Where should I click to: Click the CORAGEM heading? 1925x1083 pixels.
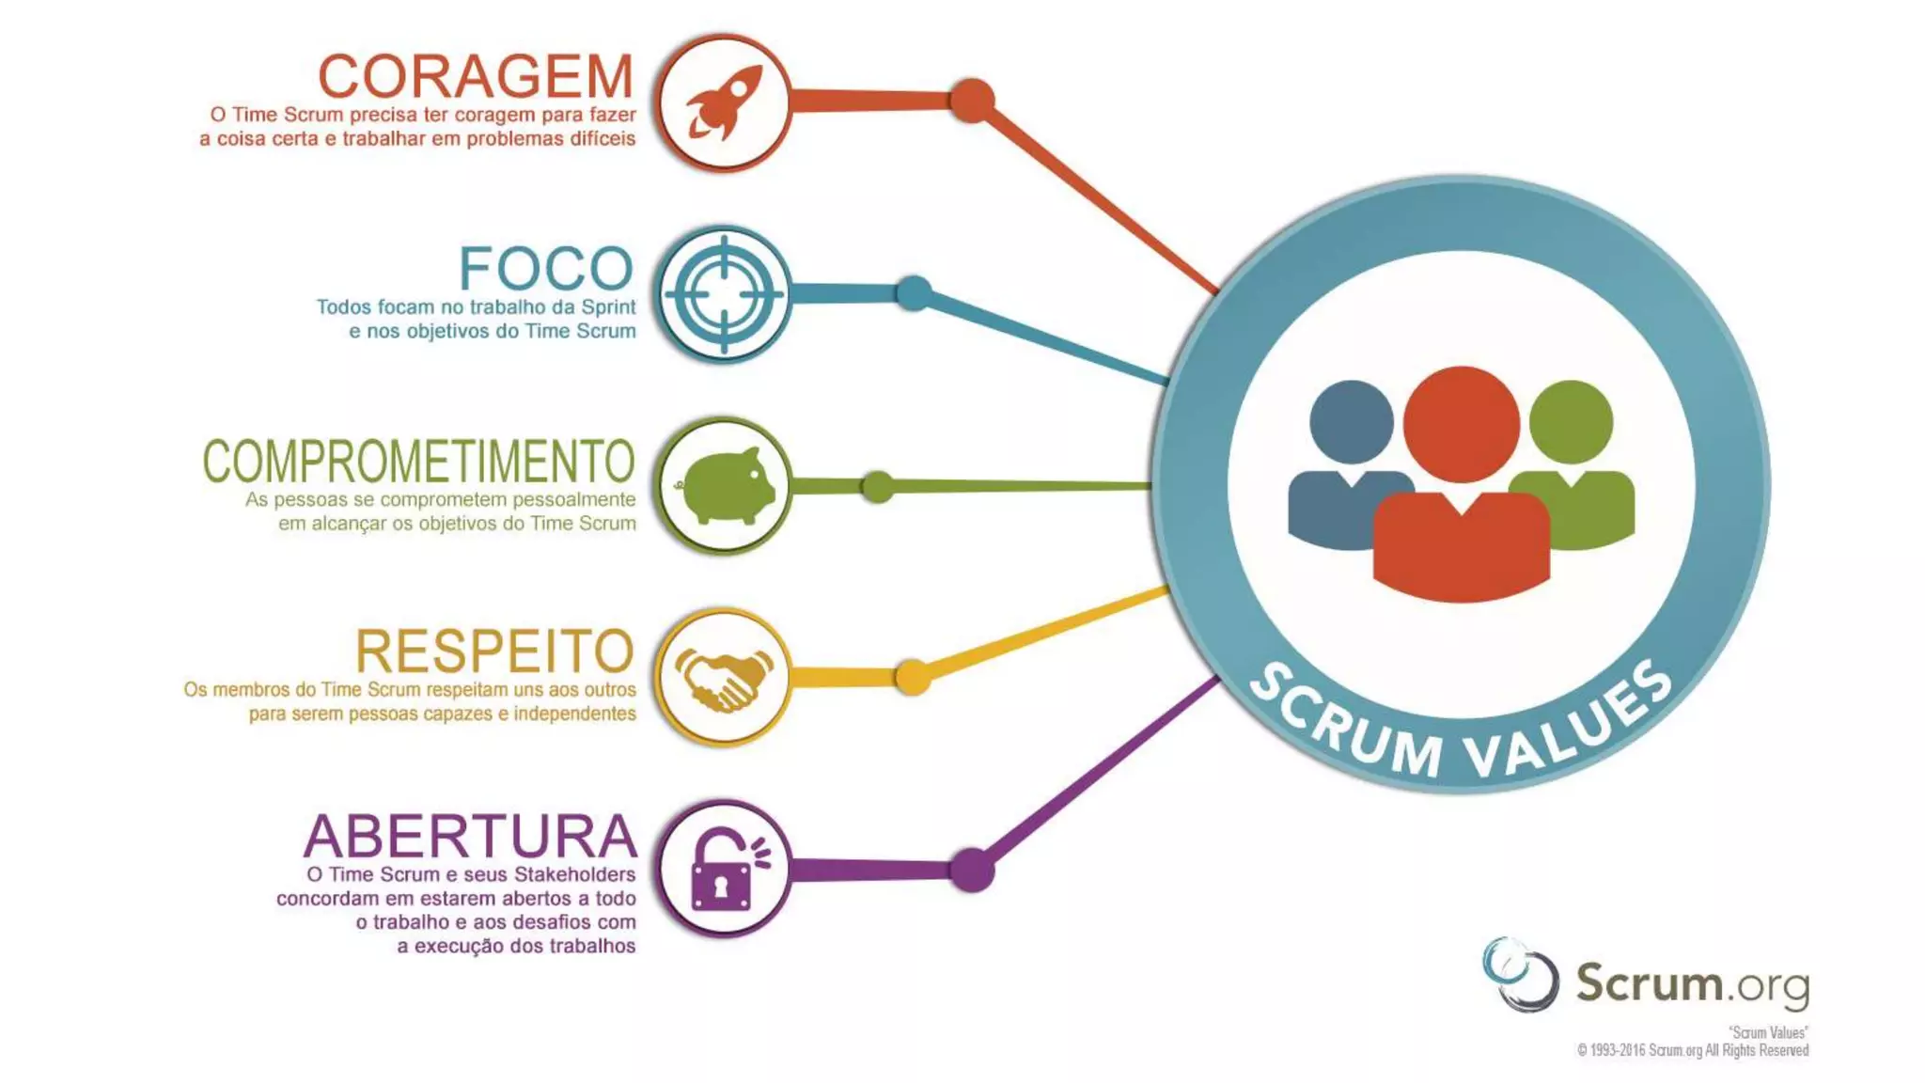point(476,76)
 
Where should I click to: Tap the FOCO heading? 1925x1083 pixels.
point(546,269)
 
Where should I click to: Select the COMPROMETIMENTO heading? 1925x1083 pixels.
point(418,461)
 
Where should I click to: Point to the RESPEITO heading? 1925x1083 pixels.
point(494,651)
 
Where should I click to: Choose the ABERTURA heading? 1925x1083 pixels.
point(470,836)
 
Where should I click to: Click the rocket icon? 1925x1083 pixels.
point(723,102)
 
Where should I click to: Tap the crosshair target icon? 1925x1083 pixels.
point(723,294)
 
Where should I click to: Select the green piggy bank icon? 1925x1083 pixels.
point(725,486)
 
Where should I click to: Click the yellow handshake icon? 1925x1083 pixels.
point(723,678)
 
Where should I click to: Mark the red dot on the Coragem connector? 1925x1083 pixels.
point(972,101)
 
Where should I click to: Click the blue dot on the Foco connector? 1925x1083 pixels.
point(914,293)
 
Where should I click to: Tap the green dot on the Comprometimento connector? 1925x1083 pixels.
point(877,486)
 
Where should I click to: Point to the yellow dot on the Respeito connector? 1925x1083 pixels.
point(912,677)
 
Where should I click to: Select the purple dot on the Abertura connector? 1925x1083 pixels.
point(972,870)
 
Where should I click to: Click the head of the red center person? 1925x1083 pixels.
point(1461,424)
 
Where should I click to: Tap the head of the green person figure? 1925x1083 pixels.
point(1571,422)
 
